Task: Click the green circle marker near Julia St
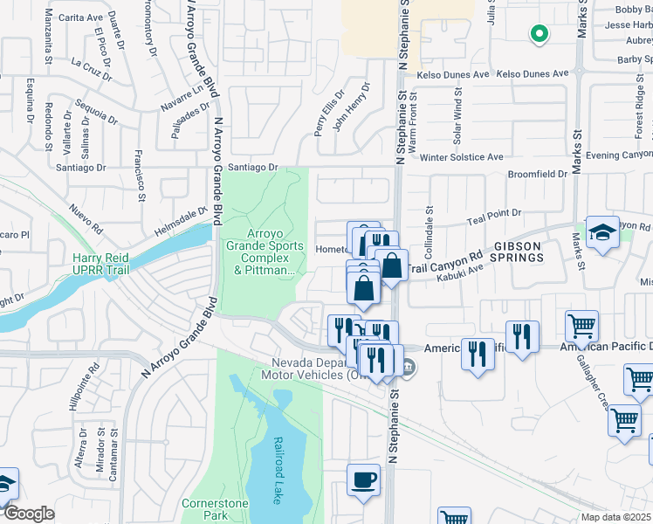pyautogui.click(x=540, y=34)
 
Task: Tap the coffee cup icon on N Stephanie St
pyautogui.click(x=363, y=479)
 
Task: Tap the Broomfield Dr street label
pyautogui.click(x=538, y=175)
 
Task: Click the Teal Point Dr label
pyautogui.click(x=494, y=213)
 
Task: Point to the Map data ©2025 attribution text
pyautogui.click(x=616, y=517)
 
